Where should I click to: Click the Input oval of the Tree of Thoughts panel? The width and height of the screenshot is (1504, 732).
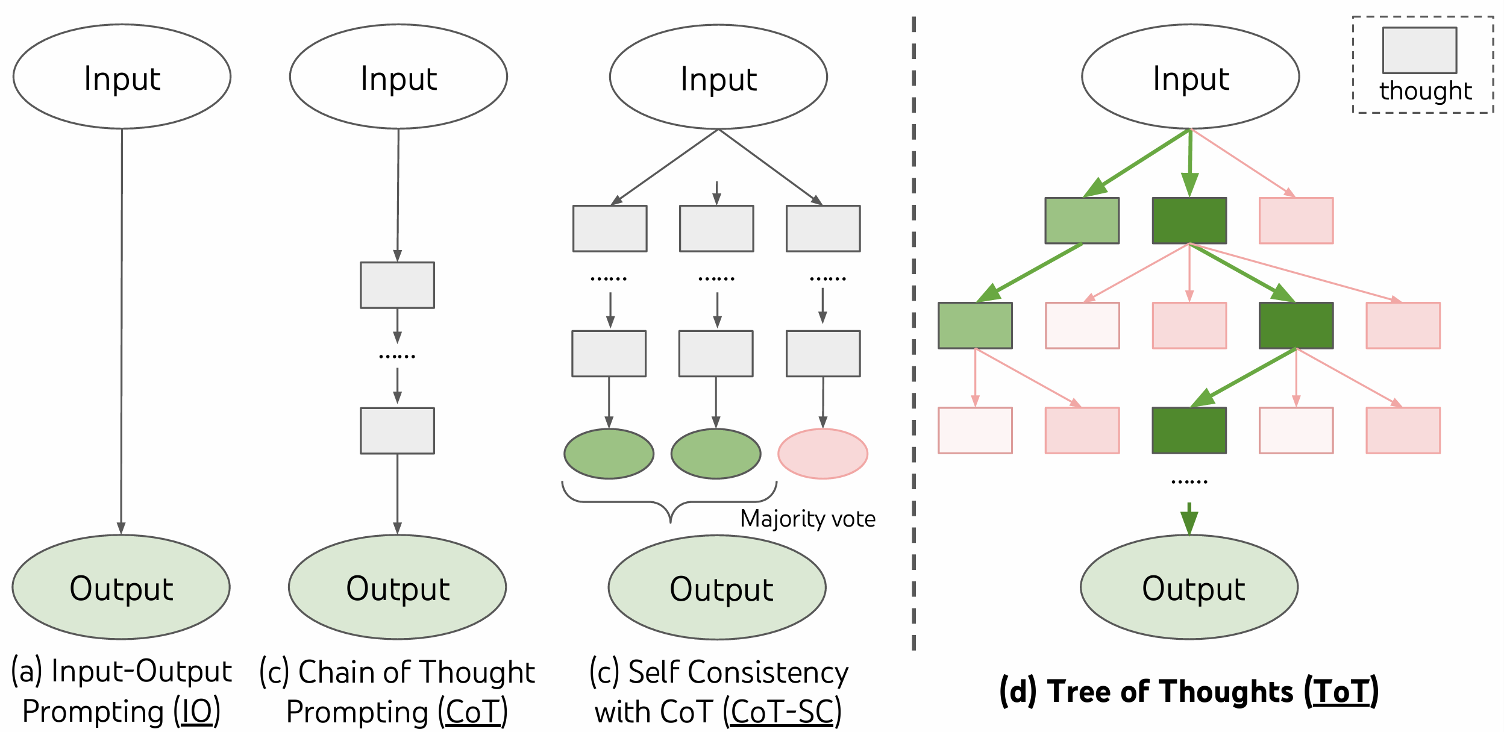[x=1190, y=77]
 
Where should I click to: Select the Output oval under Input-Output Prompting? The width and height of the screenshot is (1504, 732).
[x=121, y=587]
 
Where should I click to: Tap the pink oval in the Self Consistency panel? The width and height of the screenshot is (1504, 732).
[x=822, y=454]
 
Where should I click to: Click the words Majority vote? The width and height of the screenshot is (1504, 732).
[x=807, y=519]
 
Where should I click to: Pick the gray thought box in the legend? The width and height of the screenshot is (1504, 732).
[x=1419, y=50]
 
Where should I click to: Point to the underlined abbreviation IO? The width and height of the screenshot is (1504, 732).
[x=197, y=711]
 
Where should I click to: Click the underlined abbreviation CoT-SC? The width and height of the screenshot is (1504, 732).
[x=782, y=712]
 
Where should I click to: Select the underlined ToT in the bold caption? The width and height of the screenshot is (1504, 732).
[x=1341, y=692]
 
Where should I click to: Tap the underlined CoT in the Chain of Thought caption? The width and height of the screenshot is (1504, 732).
[x=473, y=712]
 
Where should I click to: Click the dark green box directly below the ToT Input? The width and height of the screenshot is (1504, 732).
[x=1189, y=221]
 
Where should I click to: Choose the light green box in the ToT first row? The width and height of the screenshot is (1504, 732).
[x=1082, y=221]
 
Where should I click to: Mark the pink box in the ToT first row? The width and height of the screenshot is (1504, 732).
[x=1296, y=221]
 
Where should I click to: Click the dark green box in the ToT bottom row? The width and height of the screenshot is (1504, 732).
[x=1189, y=430]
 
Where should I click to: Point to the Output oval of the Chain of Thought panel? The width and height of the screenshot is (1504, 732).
[x=397, y=587]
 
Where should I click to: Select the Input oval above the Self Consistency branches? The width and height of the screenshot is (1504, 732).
[x=718, y=77]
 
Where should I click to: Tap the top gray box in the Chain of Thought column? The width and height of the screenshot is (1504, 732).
[x=397, y=285]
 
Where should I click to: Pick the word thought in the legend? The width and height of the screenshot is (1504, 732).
[x=1425, y=91]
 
